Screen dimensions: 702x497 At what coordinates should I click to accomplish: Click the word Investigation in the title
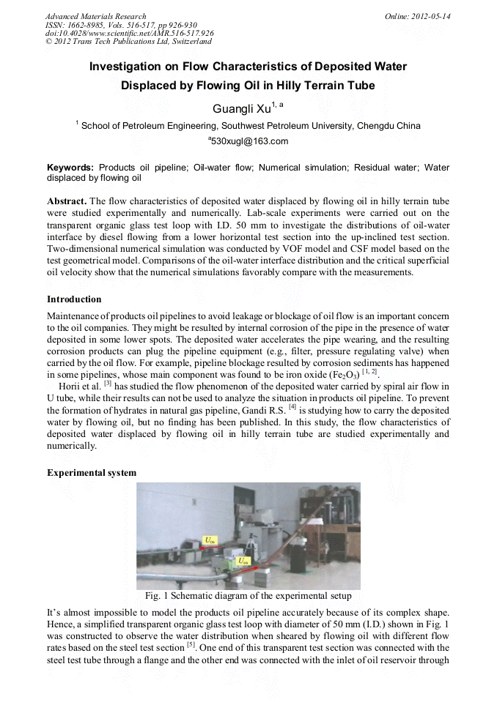pos(126,67)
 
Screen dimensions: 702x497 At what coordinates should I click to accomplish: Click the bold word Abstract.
pos(66,201)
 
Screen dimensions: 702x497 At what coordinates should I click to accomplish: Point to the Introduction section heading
pos(74,299)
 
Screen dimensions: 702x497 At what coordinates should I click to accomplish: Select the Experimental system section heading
pos(92,473)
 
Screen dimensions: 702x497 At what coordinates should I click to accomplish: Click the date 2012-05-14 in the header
pos(433,16)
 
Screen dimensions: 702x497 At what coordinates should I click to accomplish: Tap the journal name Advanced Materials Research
pos(95,16)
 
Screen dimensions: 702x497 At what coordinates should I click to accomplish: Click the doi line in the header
pos(129,33)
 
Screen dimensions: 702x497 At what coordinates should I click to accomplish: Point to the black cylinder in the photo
pos(299,556)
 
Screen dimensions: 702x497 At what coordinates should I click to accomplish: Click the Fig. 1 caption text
pos(248,596)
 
